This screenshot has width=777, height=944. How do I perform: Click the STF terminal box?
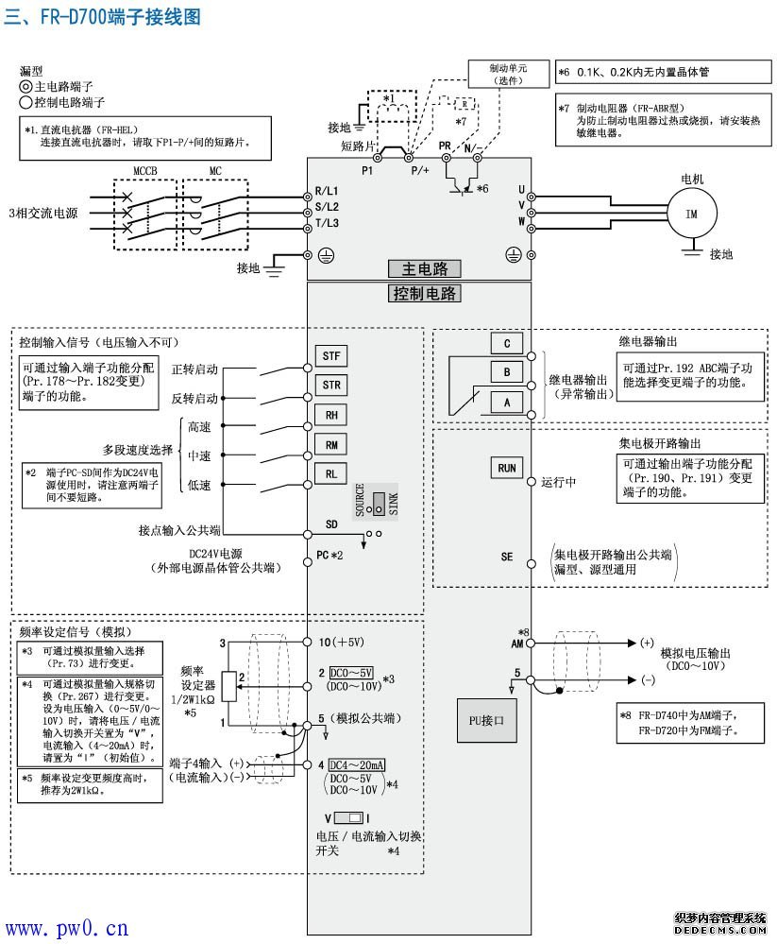[331, 355]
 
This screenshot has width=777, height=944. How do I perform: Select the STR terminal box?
[331, 385]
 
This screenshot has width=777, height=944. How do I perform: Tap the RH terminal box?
[331, 415]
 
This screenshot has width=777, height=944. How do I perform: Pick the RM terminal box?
[331, 444]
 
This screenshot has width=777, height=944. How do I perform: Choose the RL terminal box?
[331, 473]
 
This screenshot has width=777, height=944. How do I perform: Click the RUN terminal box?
[506, 468]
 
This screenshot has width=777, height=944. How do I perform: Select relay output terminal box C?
[506, 343]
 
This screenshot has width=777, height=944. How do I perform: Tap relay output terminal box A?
[506, 401]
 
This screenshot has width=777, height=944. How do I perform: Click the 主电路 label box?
[425, 269]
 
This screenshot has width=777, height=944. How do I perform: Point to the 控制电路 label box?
[425, 293]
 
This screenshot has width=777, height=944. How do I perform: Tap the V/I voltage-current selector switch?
[348, 816]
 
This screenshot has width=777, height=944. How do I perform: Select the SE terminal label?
[507, 558]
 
